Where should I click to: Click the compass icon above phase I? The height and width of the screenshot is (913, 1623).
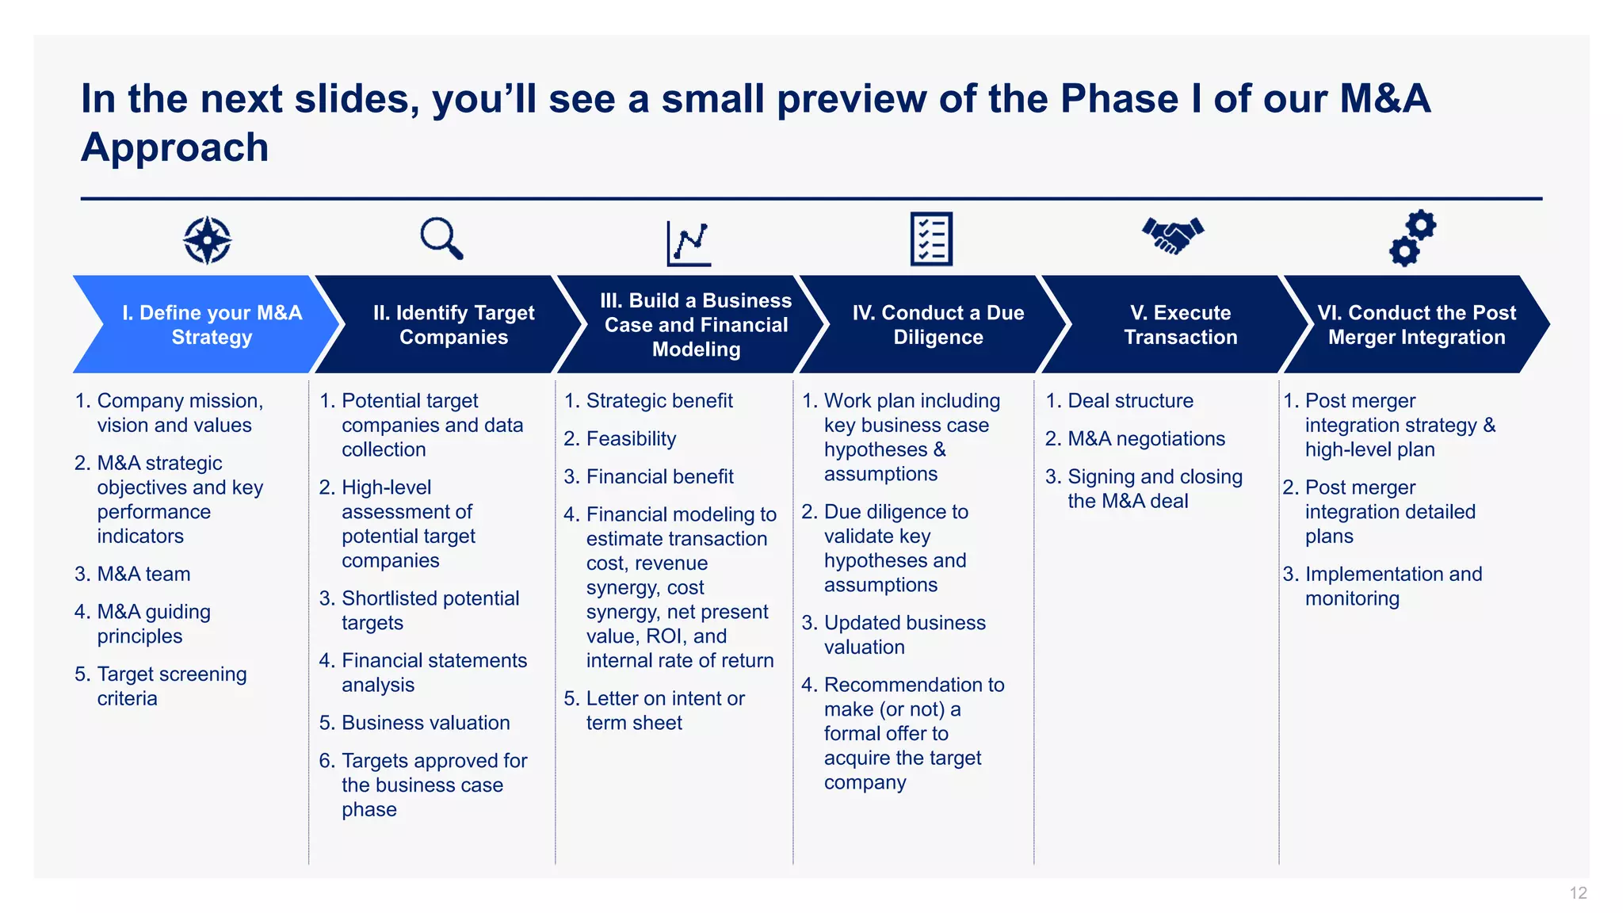coord(207,239)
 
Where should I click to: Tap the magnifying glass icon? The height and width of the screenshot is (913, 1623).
coord(441,238)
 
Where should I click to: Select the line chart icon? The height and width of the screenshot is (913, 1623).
coord(689,243)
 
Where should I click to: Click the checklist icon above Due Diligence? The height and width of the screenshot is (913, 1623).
coord(931,239)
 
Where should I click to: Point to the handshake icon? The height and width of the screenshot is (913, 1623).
coord(1173,235)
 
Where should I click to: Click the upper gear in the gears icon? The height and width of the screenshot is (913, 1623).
coord(1422,225)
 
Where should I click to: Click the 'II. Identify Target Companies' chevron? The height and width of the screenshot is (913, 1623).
coord(453,325)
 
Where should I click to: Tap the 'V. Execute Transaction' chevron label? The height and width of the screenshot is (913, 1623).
coord(1180,325)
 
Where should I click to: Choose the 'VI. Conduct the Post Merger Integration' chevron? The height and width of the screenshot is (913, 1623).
coord(1416,325)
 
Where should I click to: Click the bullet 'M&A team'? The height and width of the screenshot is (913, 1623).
coord(143,574)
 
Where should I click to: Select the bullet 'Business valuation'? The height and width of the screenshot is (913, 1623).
coord(426,723)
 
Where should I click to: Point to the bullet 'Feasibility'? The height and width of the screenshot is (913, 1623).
coord(631,439)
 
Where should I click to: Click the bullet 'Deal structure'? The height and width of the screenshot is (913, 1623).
coord(1130,401)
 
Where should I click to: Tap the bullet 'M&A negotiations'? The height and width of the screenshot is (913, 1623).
coord(1146,439)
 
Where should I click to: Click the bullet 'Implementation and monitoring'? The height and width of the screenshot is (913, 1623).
coord(1392,586)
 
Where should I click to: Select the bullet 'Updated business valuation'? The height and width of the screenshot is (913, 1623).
coord(904,635)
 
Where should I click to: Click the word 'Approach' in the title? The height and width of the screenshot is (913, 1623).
coord(175,148)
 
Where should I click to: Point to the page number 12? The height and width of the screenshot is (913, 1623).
coord(1578,893)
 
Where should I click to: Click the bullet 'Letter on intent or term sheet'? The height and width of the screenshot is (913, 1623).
coord(664,710)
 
